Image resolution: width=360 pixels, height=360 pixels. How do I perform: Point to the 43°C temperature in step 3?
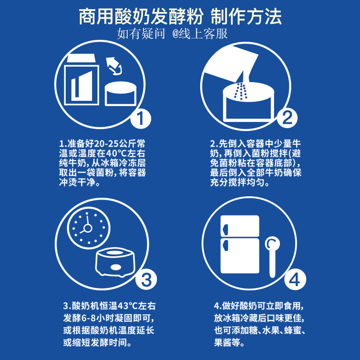[x=123, y=305]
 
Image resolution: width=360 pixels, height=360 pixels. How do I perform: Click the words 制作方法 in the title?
[x=246, y=16]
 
